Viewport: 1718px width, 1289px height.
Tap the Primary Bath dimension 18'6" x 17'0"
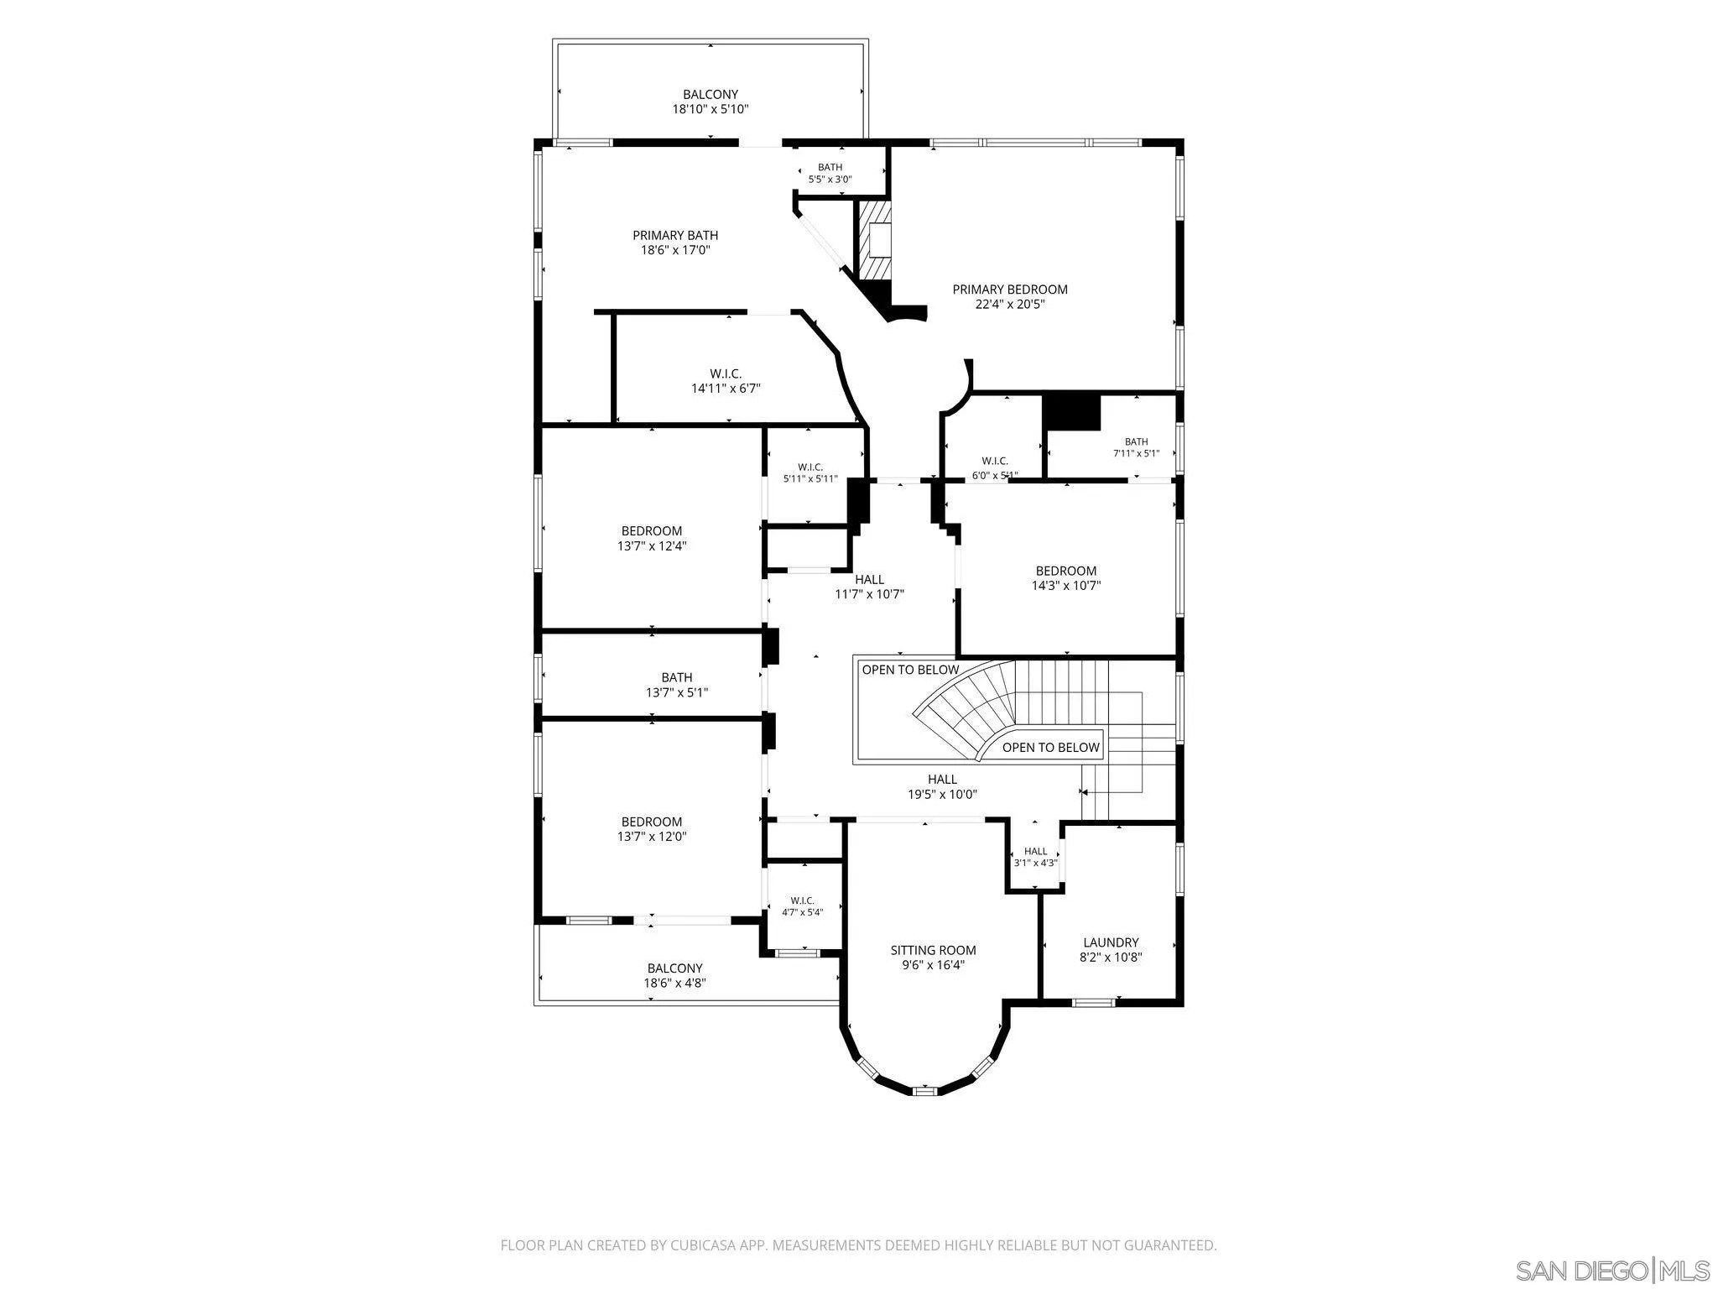click(675, 250)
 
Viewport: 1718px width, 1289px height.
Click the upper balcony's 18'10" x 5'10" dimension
click(711, 109)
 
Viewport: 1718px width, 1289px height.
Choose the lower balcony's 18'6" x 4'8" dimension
click(675, 983)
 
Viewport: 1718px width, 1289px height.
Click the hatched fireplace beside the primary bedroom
click(873, 239)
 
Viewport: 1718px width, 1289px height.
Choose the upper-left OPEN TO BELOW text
click(910, 670)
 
